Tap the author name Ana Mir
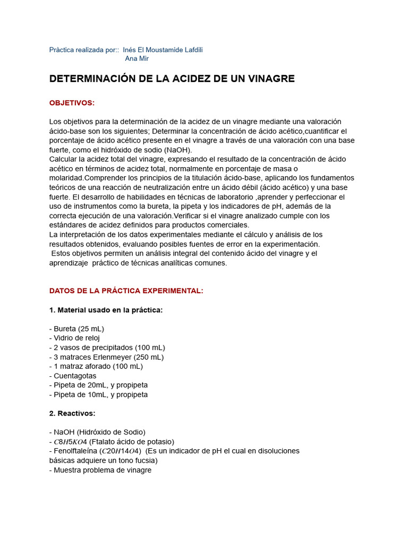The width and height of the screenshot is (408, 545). tap(137, 59)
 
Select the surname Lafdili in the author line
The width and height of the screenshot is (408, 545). tap(191, 49)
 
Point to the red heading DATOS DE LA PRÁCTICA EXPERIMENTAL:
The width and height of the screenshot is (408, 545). tap(126, 291)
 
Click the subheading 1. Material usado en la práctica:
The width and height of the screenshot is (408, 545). tap(106, 310)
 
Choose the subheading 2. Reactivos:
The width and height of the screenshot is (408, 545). tap(72, 414)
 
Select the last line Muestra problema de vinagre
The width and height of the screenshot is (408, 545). tap(100, 470)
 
